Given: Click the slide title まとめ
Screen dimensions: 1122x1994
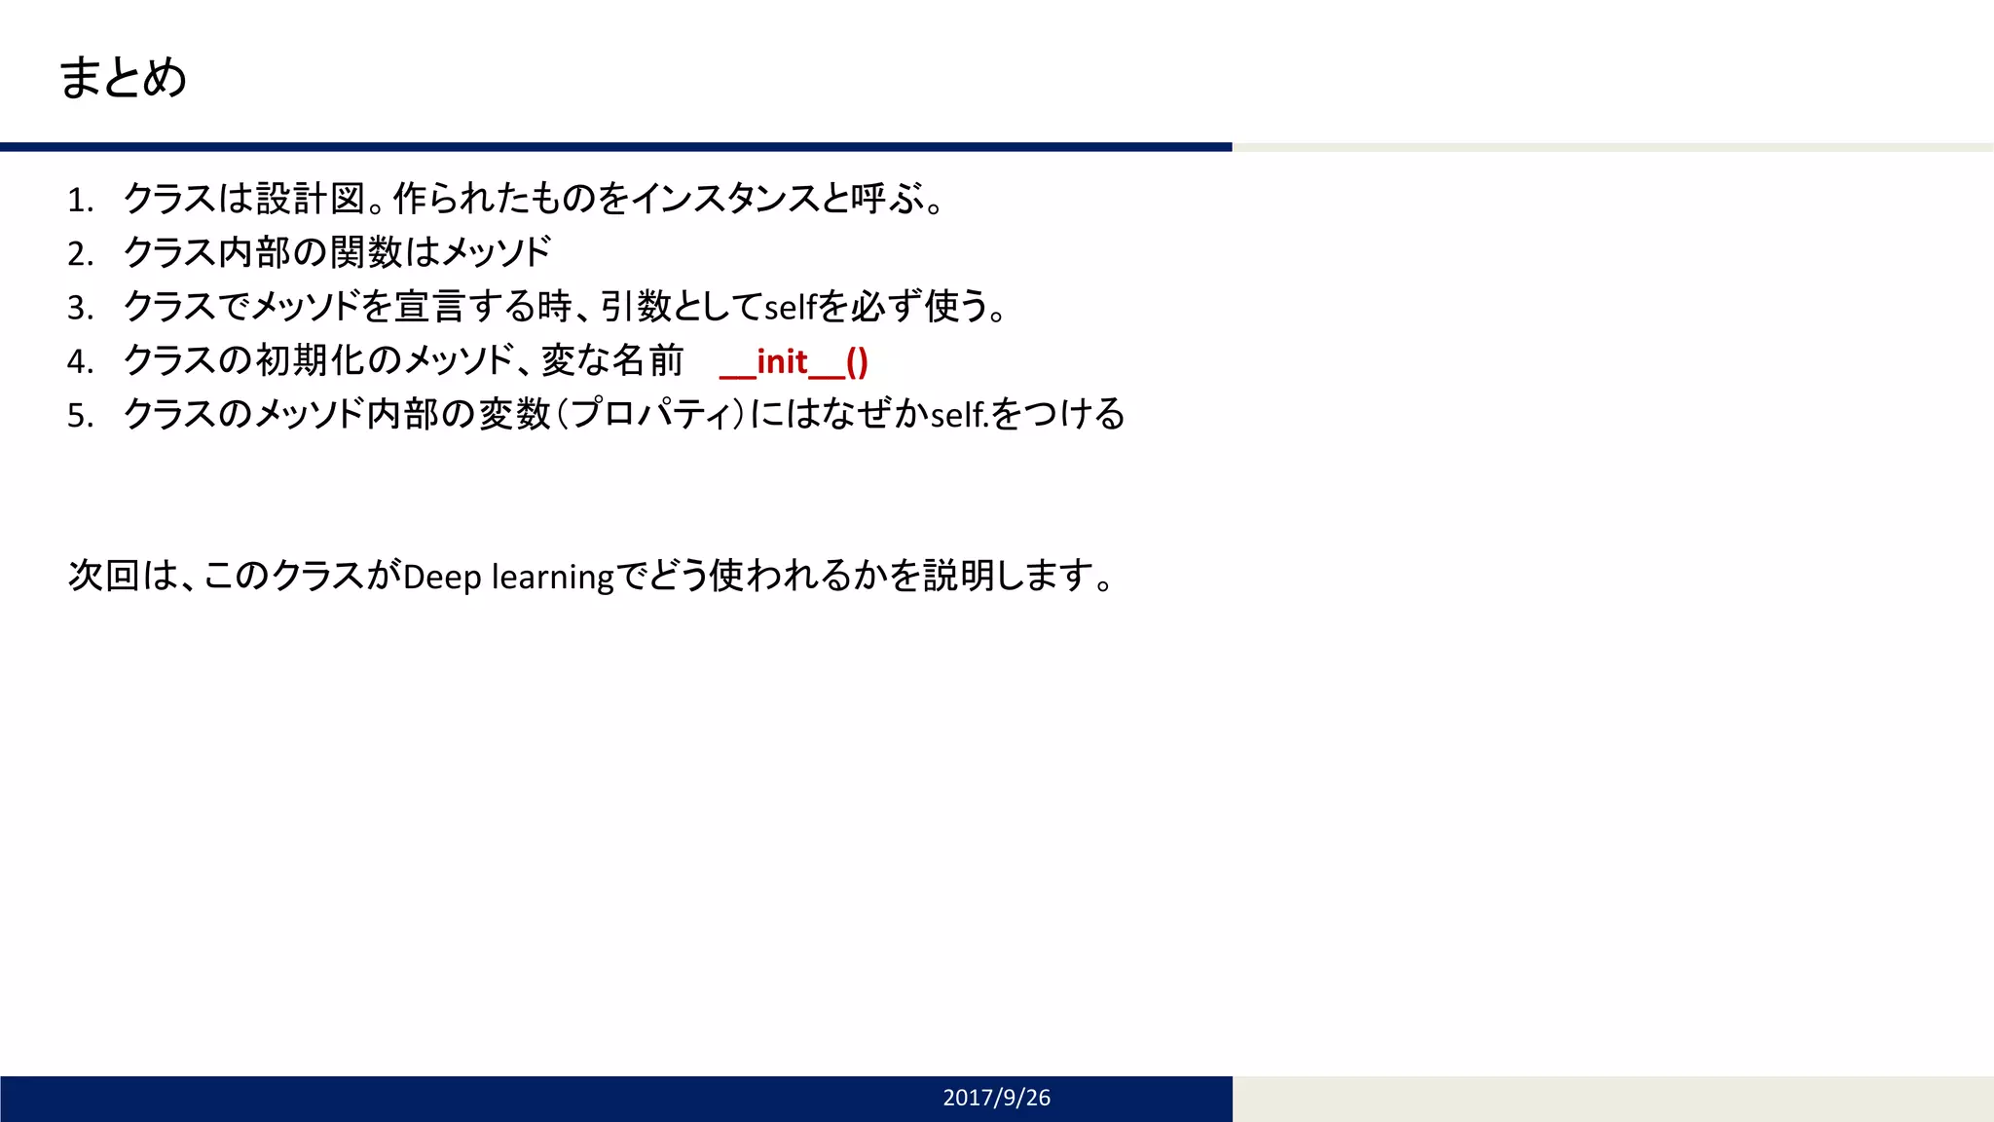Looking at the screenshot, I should (123, 77).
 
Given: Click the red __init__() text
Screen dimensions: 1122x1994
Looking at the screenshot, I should (794, 362).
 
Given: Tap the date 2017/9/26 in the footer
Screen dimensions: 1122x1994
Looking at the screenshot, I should (996, 1098).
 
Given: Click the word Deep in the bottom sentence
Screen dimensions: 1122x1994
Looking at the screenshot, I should (442, 577).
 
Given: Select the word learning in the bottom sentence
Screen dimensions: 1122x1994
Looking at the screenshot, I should (553, 577).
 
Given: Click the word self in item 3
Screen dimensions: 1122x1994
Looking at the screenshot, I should (790, 308).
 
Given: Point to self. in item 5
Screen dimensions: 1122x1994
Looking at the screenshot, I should (960, 416).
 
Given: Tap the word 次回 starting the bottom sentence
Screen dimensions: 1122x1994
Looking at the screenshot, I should (103, 576).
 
